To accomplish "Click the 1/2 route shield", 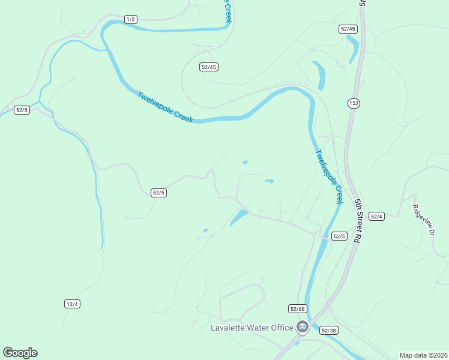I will [131, 20].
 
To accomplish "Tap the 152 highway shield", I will [354, 103].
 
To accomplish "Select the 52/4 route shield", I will [376, 217].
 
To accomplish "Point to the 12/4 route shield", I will [72, 304].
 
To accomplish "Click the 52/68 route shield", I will [297, 308].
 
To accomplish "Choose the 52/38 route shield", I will [328, 330].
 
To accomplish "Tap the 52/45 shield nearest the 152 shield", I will [348, 29].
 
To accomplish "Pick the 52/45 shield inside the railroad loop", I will [208, 67].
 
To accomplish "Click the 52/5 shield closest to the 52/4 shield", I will [339, 236].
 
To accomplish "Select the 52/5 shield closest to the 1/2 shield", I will [22, 110].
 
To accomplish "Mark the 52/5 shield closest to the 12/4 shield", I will [158, 193].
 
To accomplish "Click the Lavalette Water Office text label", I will [252, 328].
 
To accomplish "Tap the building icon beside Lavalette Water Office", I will [302, 327].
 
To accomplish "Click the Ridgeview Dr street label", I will [423, 220].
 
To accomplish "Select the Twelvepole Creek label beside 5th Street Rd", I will [329, 177].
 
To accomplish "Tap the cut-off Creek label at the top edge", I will [228, 11].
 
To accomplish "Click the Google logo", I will [20, 353].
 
